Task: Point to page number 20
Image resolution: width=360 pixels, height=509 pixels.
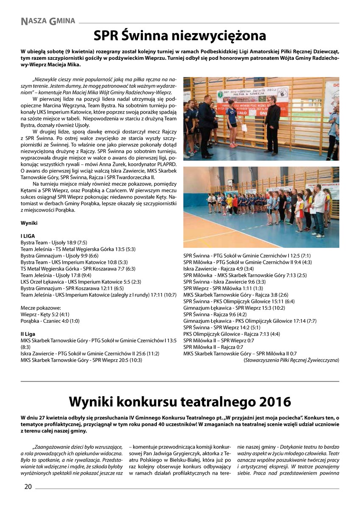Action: [28, 487]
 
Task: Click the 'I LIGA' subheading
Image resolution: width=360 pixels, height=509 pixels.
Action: [28, 235]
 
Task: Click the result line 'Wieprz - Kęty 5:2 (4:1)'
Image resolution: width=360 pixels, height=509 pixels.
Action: [45, 314]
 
